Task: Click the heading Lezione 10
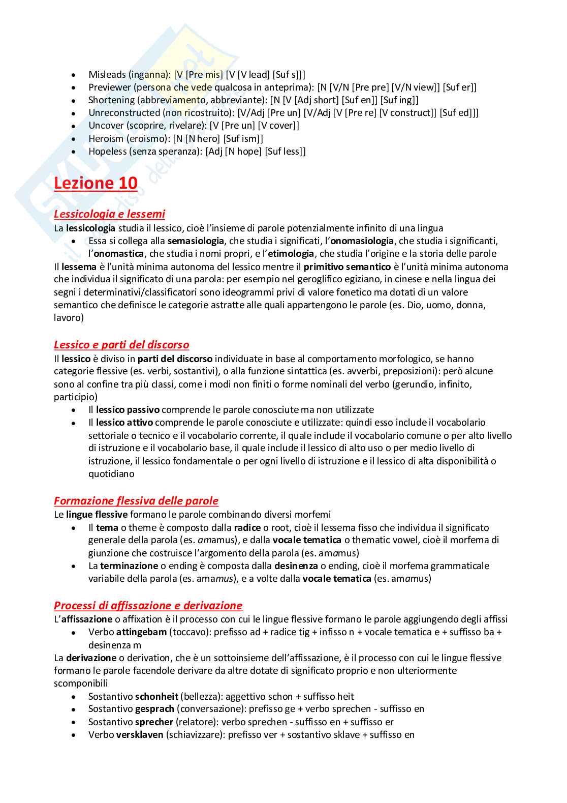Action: tap(96, 183)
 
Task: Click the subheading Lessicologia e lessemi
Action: tap(109, 214)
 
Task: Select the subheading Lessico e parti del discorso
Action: tap(121, 345)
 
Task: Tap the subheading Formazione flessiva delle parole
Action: tap(136, 501)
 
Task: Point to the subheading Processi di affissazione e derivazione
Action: tap(148, 606)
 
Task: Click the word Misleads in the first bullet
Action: tap(107, 75)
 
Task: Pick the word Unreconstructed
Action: tap(124, 113)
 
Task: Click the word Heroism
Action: tap(106, 138)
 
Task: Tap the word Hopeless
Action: tap(107, 151)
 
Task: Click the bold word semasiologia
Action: tap(196, 241)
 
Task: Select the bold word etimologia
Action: tap(291, 254)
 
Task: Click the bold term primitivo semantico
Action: tap(347, 267)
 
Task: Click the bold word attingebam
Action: tap(141, 632)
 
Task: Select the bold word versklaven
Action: tap(140, 735)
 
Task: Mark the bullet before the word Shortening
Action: tap(74, 101)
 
